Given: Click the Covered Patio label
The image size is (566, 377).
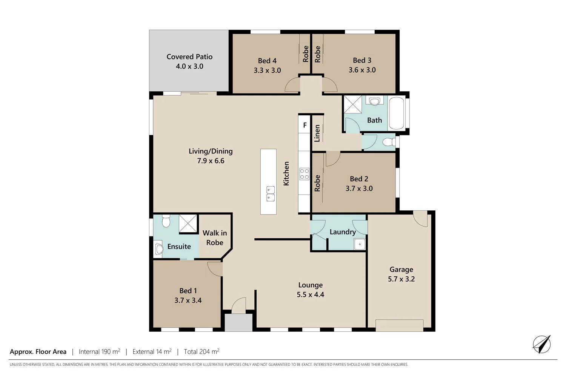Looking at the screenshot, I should click(189, 57).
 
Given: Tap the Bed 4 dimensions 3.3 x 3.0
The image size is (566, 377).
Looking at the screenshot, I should click(267, 70).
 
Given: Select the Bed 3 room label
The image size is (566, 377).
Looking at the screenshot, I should click(362, 60).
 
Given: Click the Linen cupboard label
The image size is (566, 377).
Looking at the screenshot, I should click(317, 133).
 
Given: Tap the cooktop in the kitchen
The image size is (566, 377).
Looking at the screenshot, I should click(304, 174).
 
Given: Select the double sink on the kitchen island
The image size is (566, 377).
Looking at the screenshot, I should click(270, 194).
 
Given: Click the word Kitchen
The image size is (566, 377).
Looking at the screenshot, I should click(286, 173).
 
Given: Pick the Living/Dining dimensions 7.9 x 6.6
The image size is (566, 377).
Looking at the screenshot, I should click(211, 161).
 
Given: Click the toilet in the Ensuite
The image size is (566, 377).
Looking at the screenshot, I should click(166, 221).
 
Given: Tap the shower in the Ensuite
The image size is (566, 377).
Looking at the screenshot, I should click(188, 223).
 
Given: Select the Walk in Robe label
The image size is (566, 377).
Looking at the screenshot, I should click(215, 238).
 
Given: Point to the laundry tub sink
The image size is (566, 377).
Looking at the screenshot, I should click(359, 244).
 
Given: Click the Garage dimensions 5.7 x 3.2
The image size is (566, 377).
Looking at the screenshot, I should click(401, 279).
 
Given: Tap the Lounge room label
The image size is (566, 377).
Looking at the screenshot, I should click(310, 285).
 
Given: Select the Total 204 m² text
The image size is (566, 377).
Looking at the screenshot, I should click(201, 352).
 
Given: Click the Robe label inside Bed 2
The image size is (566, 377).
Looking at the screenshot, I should click(317, 183).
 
